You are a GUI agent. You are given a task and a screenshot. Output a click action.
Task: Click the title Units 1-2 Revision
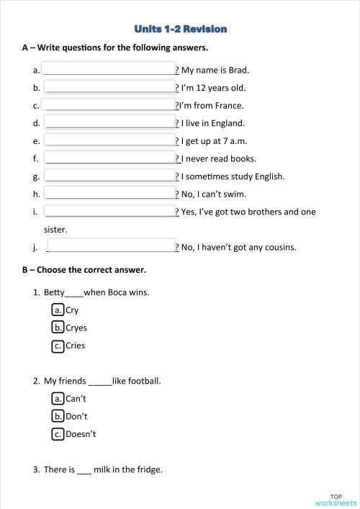(x=181, y=30)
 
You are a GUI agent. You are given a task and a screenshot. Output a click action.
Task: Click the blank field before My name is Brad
(x=109, y=70)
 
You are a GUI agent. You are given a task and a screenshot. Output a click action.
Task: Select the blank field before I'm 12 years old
(x=109, y=88)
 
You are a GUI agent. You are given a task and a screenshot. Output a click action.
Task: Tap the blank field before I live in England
(x=109, y=123)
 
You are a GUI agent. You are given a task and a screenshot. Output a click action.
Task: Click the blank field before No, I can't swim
(x=109, y=194)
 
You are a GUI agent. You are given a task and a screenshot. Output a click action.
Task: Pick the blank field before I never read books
(x=109, y=158)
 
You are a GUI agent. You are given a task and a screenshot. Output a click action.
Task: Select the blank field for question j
(x=110, y=247)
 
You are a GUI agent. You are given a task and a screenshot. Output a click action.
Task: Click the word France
(x=229, y=106)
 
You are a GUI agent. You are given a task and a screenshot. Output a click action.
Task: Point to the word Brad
(x=238, y=71)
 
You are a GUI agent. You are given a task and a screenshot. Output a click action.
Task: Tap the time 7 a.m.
(x=235, y=141)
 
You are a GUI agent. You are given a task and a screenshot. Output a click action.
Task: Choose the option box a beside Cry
(x=58, y=310)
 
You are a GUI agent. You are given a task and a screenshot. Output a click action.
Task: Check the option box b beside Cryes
(x=58, y=328)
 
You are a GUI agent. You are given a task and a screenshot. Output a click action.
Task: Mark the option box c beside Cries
(x=58, y=346)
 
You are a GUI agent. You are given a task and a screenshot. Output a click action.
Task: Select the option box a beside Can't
(x=58, y=398)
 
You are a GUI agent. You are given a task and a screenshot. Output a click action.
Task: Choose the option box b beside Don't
(x=58, y=416)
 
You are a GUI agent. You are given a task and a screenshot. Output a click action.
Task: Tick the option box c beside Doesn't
(x=58, y=434)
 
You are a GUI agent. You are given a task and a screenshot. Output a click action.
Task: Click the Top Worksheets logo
(x=336, y=499)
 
